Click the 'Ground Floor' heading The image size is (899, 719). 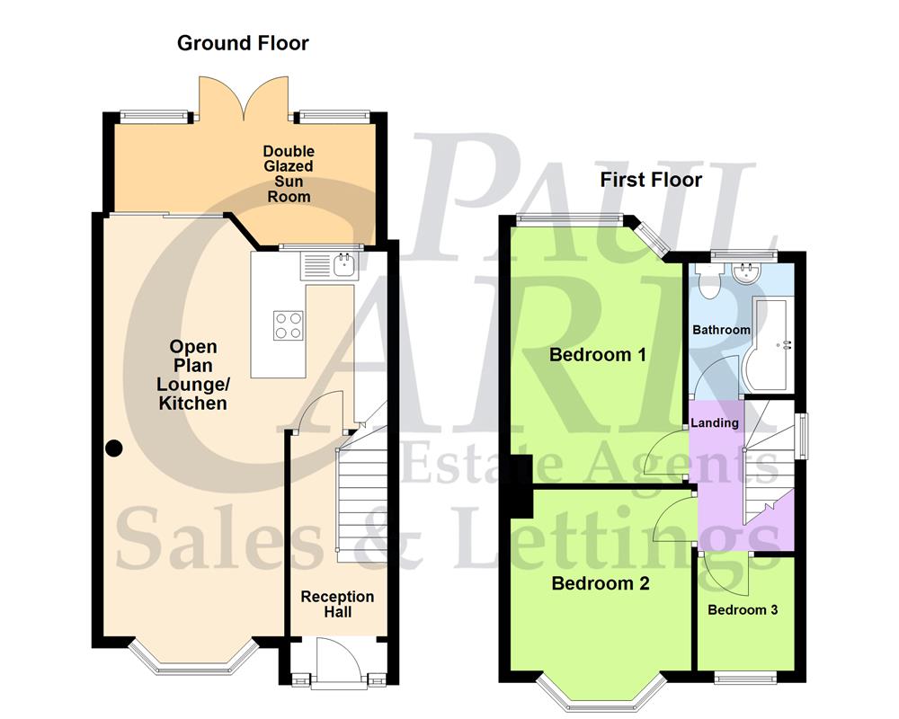(243, 43)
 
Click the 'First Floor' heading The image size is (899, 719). (651, 180)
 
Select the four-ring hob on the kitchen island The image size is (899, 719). (288, 324)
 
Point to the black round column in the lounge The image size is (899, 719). (114, 448)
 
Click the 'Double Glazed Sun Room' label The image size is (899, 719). (289, 173)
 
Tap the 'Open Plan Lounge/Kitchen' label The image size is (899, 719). (192, 375)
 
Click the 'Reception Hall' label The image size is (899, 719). (337, 604)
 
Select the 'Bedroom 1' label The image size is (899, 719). (598, 354)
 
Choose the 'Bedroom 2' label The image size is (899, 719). (601, 583)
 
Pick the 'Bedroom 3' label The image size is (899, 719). (743, 610)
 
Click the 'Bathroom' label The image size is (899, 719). (721, 330)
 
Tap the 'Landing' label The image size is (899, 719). (717, 422)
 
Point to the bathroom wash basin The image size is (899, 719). (745, 272)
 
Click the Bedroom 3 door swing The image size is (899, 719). (725, 575)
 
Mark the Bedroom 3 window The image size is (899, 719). (745, 677)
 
